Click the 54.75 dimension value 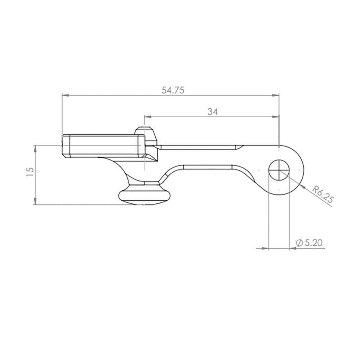click(173, 90)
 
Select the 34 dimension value click(212, 112)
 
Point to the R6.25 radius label click(323, 195)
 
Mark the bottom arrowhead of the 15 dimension click(36, 201)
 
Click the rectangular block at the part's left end click(103, 146)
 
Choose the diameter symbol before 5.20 click(299, 243)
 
